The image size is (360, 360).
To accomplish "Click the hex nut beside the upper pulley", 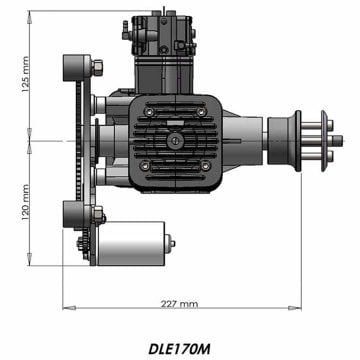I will [x=104, y=68].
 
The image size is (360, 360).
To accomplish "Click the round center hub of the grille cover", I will [x=177, y=142].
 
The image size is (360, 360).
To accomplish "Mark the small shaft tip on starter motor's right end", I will [x=172, y=241].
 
